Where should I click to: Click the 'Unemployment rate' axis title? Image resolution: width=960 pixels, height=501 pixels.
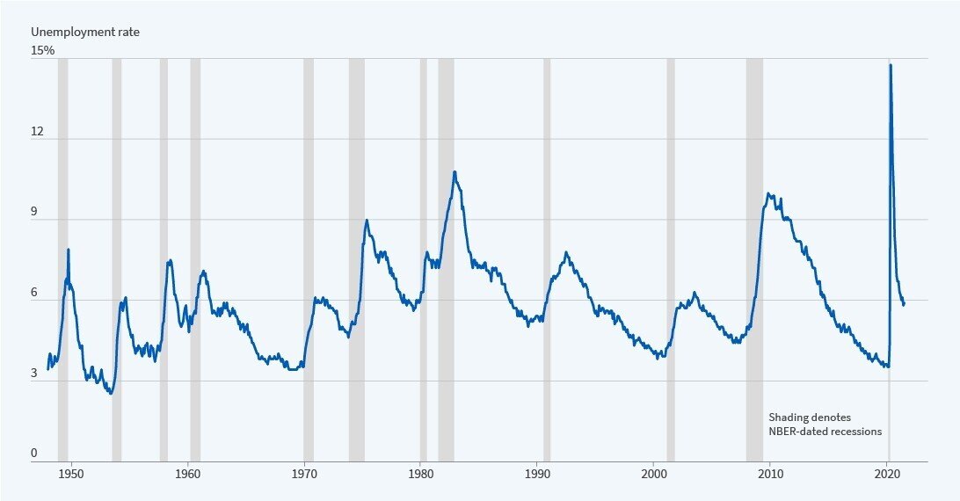85,32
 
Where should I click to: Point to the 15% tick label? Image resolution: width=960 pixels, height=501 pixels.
43,51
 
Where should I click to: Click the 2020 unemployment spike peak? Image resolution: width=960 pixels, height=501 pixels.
891,65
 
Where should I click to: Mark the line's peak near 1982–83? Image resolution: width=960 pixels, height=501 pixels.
455,172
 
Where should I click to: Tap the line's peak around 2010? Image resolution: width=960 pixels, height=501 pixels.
768,193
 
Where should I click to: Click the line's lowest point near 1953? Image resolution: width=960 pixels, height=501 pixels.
111,393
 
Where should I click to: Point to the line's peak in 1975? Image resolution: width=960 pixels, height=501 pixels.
367,220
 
